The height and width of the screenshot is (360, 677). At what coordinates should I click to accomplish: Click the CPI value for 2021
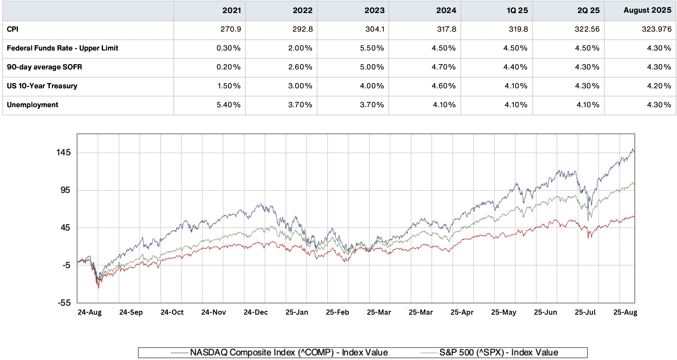(x=230, y=29)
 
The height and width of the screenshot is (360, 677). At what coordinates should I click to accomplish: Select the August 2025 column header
(x=647, y=10)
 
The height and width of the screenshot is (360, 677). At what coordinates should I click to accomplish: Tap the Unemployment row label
(x=33, y=105)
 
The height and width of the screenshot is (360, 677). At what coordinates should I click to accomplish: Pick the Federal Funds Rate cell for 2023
(x=372, y=48)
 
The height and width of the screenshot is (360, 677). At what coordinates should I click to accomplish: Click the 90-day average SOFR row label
(x=44, y=67)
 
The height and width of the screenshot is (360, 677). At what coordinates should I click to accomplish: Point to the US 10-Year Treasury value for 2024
(x=443, y=86)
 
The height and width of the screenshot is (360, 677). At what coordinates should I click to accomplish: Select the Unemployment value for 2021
(x=228, y=105)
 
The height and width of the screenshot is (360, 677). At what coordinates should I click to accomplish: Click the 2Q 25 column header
(x=588, y=10)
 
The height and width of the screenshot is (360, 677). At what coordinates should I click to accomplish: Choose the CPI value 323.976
(x=656, y=29)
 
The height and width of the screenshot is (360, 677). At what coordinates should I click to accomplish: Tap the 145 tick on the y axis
(x=63, y=152)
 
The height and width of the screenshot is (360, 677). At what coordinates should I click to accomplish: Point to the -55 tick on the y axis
(x=64, y=303)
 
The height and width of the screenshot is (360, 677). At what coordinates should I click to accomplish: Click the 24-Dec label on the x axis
(x=256, y=312)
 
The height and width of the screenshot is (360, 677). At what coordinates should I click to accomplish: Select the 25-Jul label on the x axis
(x=585, y=312)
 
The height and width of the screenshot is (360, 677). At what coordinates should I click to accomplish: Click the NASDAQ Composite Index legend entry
(x=288, y=353)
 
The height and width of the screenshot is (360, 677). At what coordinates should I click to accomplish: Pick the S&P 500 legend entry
(x=498, y=353)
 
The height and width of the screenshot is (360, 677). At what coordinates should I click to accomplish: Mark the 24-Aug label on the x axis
(x=90, y=312)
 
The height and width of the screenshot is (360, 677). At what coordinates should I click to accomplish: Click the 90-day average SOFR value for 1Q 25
(x=515, y=67)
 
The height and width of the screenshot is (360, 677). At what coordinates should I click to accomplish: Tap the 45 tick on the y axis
(x=65, y=228)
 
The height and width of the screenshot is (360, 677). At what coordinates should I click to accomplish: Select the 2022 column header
(x=302, y=10)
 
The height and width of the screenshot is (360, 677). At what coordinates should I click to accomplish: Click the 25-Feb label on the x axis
(x=337, y=312)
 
